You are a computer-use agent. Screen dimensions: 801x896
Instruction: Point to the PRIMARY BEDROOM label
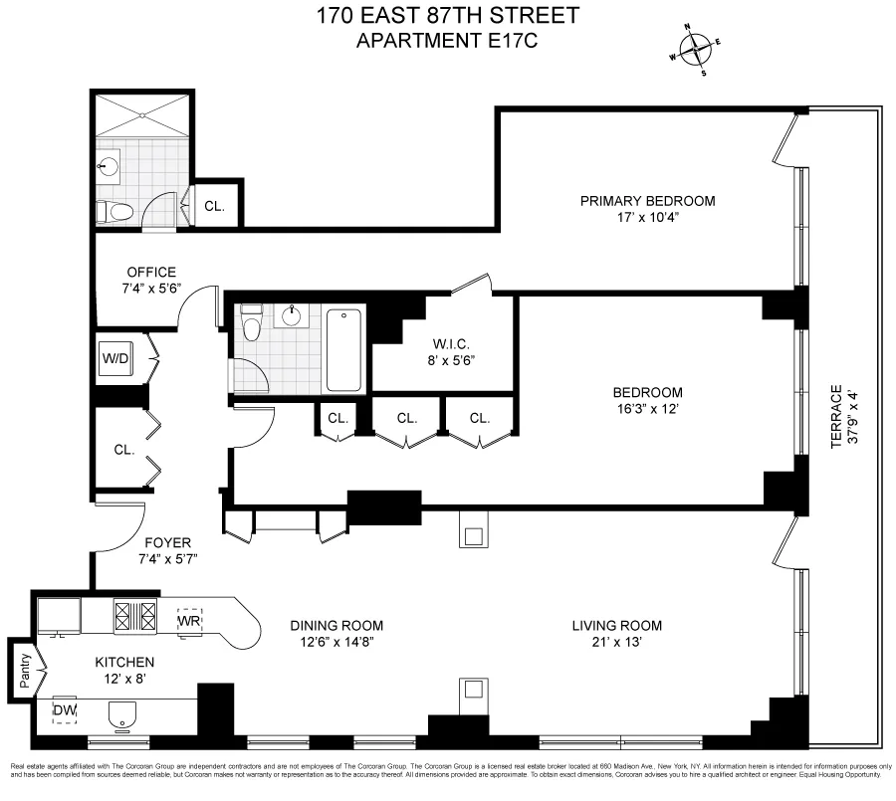pyautogui.click(x=648, y=201)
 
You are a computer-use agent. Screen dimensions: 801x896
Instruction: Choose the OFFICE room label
pyautogui.click(x=151, y=273)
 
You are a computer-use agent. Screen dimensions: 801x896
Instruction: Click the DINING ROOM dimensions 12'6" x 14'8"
pyautogui.click(x=336, y=642)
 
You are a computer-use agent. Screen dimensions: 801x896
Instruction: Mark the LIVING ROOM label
pyautogui.click(x=616, y=626)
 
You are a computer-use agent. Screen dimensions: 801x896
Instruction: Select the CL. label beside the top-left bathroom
pyautogui.click(x=215, y=206)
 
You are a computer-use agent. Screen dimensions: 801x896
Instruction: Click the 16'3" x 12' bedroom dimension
pyautogui.click(x=648, y=408)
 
